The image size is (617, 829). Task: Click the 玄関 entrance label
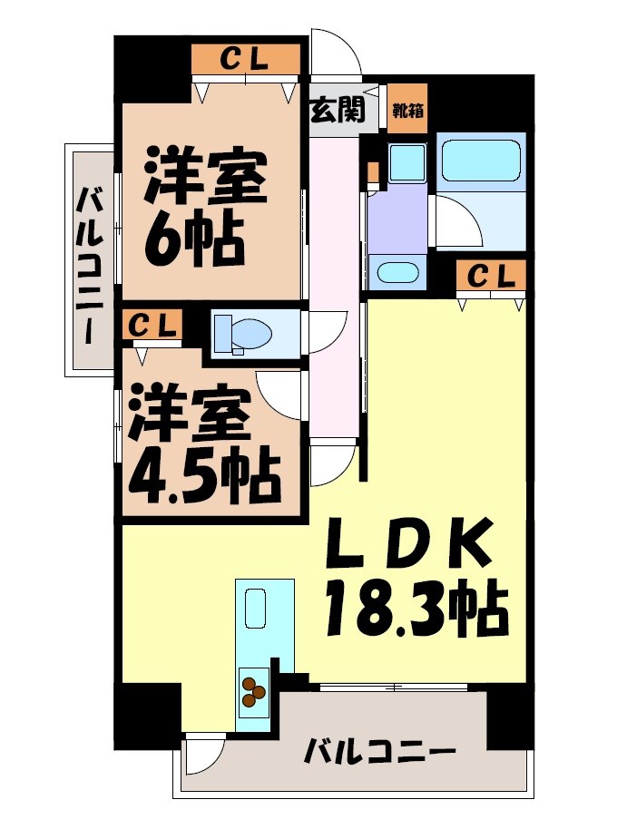point(338,111)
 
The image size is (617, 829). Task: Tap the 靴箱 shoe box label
point(406,111)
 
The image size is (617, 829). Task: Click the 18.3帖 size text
point(410,608)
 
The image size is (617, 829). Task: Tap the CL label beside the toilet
point(152,324)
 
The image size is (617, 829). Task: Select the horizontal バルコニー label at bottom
point(377,751)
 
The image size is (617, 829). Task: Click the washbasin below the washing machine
point(397,271)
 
